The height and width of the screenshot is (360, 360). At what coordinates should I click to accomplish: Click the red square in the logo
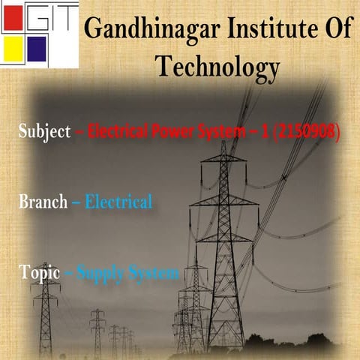(x=13, y=19)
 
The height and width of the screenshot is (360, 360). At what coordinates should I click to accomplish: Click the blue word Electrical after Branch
(x=118, y=202)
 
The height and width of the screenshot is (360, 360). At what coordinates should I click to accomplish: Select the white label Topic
(x=35, y=273)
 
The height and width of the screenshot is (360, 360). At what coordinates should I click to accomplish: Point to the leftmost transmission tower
(x=46, y=307)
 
